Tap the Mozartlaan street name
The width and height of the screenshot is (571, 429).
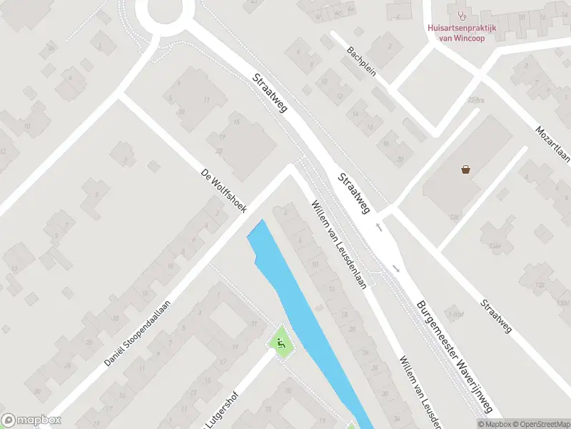click(x=554, y=143)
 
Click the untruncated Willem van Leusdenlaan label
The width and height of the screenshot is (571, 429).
click(x=339, y=245)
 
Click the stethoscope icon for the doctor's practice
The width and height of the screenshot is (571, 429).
click(x=462, y=14)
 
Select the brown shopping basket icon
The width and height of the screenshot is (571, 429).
click(x=466, y=169)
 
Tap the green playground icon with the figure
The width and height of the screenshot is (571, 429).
click(x=281, y=344)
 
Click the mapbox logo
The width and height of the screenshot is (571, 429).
click(x=31, y=420)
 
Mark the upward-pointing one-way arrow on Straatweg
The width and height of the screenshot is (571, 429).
click(x=379, y=227)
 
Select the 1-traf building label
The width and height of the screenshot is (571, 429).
click(x=455, y=313)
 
